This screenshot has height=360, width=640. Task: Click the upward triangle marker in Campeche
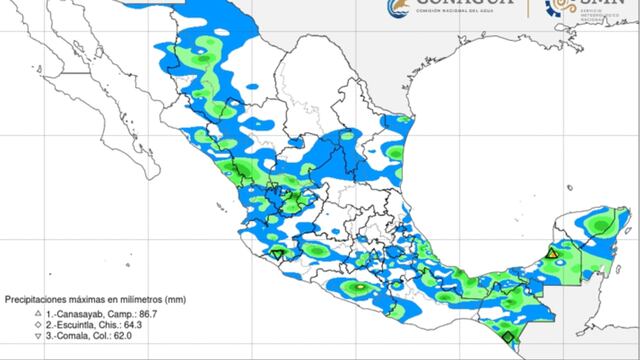[x=551, y=256]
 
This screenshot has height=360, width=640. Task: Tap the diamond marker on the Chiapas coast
[x=507, y=337]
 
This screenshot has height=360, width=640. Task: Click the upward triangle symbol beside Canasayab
[x=10, y=314]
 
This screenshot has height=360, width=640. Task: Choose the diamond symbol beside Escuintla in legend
[x=10, y=325]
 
